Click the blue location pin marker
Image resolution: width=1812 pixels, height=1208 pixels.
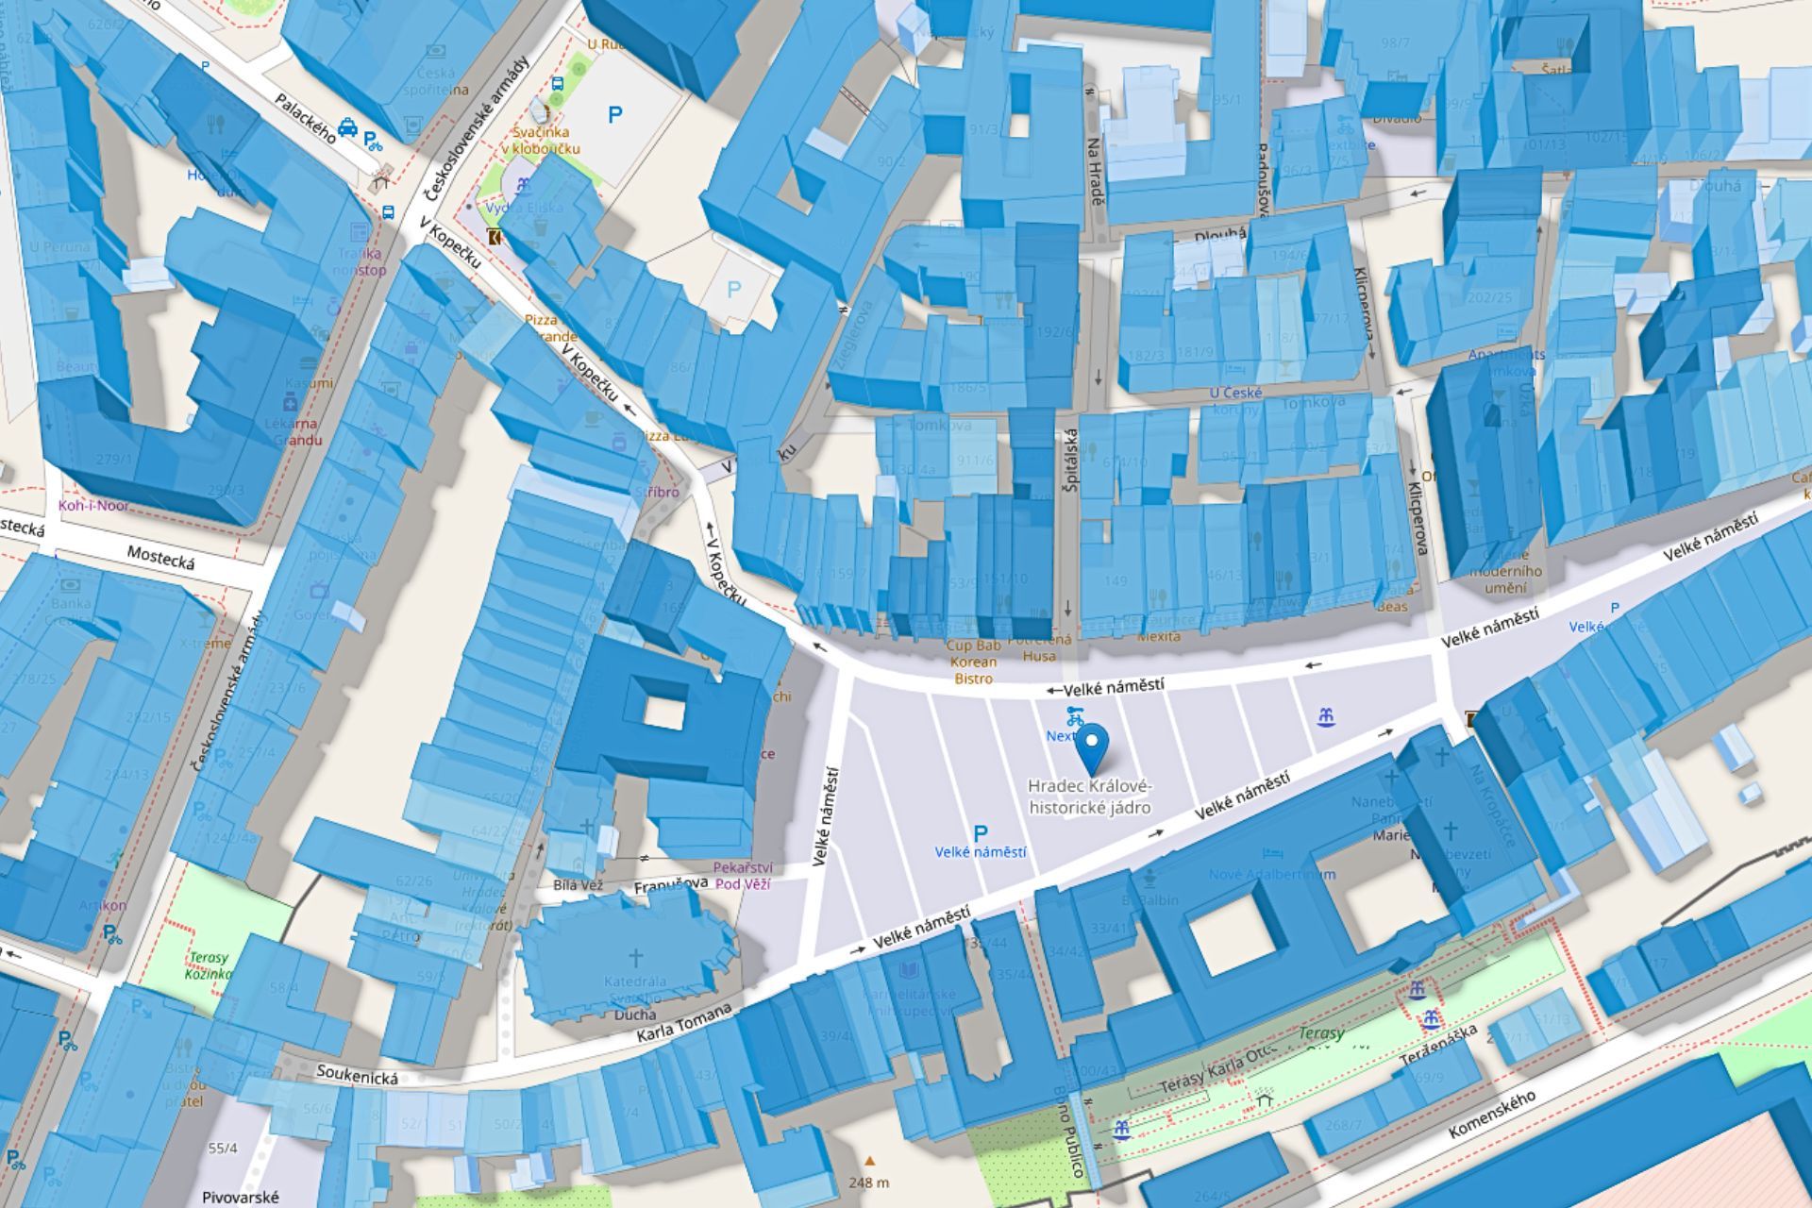[x=1092, y=748]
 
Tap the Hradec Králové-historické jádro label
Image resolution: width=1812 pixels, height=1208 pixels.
[x=1090, y=797]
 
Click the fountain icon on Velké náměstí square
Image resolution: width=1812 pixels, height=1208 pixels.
[x=1327, y=717]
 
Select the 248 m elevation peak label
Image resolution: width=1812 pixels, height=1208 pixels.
[x=869, y=1182]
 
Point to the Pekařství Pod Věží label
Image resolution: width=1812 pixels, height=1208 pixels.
[x=743, y=875]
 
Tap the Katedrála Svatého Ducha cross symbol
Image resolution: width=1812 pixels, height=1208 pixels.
[x=636, y=958]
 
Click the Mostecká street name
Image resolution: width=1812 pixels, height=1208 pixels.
[x=160, y=558]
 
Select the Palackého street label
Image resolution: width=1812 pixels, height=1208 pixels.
[x=305, y=117]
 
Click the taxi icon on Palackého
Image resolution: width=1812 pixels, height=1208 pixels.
[x=347, y=126]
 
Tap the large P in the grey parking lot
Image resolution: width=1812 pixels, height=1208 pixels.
[x=615, y=115]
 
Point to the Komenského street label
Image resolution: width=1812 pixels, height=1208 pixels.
[x=1491, y=1114]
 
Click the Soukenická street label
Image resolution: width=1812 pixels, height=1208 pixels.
[x=357, y=1074]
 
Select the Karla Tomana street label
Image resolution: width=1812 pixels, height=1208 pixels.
[x=684, y=1026]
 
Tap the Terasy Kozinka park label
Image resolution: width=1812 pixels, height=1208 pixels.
[x=209, y=965]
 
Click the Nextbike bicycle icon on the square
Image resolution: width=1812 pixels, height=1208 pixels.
[x=1074, y=715]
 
